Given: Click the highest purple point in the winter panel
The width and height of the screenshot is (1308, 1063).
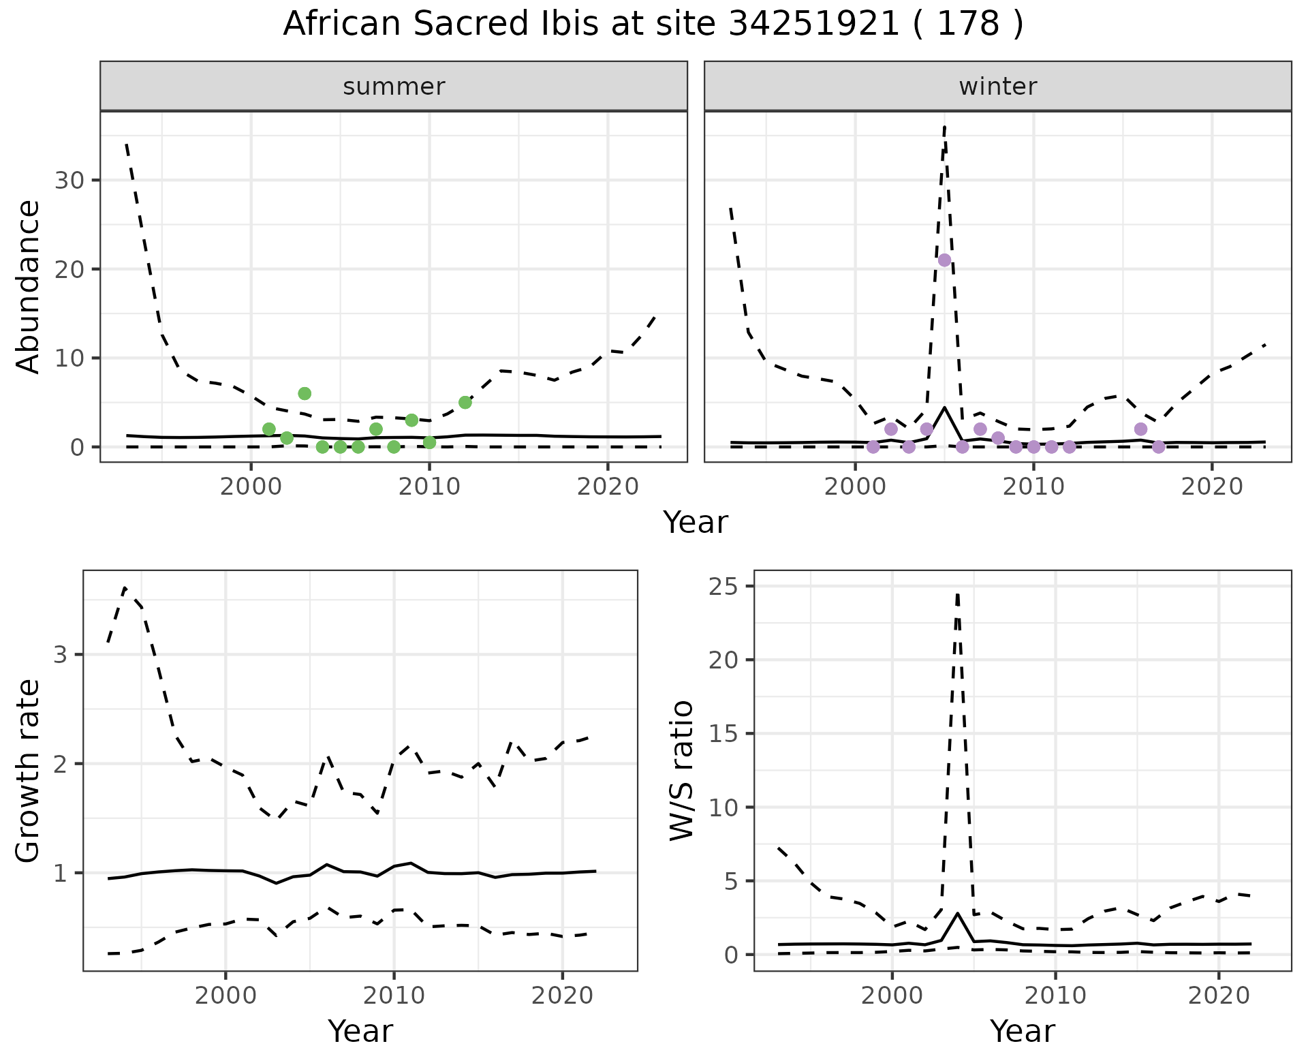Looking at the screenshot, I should click(944, 260).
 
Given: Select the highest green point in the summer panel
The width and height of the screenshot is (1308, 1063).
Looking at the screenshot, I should click(305, 393).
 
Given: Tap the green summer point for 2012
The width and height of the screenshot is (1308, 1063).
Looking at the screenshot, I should click(465, 402).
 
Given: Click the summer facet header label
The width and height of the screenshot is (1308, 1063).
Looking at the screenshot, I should click(394, 87).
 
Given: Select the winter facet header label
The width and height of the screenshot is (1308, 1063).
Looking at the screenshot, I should click(997, 87).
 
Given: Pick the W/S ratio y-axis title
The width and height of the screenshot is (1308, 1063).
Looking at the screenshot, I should click(681, 771).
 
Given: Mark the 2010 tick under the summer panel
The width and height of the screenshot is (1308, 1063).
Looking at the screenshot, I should click(429, 488).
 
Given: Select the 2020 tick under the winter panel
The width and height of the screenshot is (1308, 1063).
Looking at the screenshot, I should click(1211, 488).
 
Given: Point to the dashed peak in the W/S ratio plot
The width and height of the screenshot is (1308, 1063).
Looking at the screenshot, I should click(957, 594).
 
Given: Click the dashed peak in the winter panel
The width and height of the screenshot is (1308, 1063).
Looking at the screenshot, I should click(944, 127).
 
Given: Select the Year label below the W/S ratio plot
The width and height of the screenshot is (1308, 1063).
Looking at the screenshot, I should click(1022, 1031).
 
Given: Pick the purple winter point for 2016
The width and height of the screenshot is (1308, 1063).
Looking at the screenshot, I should click(1140, 429).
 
